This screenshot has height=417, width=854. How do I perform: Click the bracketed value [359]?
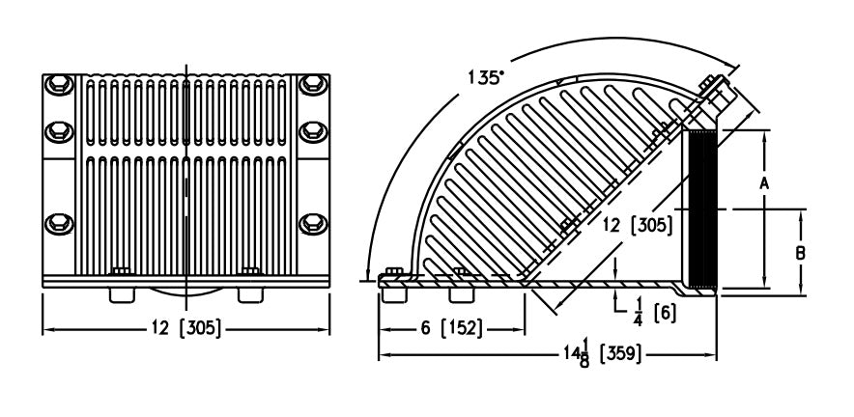[x=618, y=355]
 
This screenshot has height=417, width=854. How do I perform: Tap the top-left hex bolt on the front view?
[x=57, y=84]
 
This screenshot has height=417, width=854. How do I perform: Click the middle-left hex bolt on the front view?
[x=57, y=129]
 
